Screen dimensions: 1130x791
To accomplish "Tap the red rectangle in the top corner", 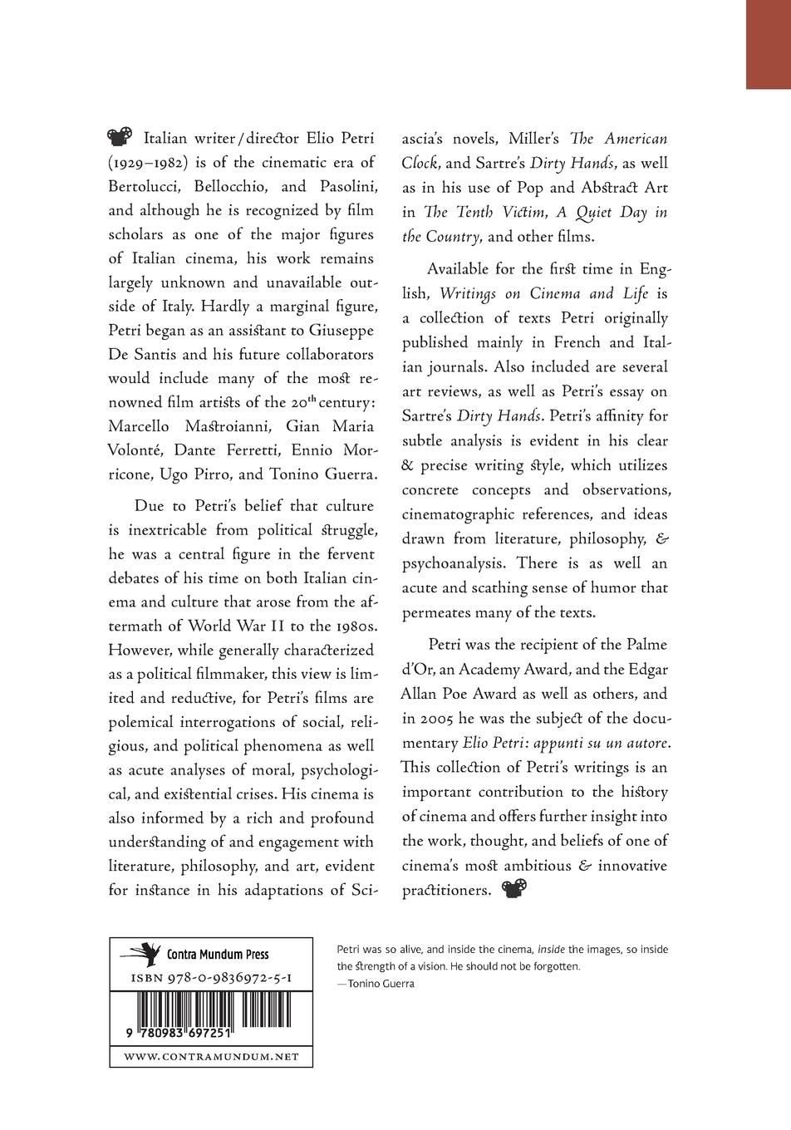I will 768,44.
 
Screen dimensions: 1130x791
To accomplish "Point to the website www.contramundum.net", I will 211,1057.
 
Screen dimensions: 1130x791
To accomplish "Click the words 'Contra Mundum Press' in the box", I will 218,954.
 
